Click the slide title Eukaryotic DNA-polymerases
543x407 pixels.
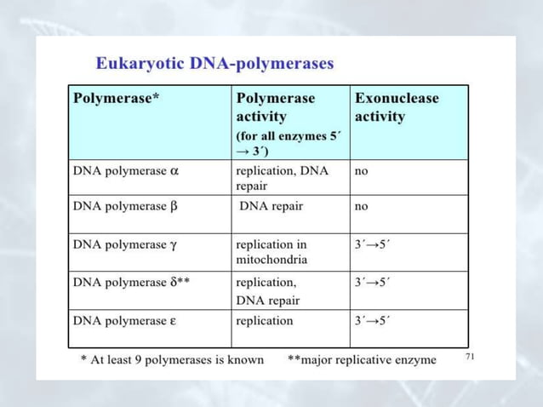click(x=214, y=63)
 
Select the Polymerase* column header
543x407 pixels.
click(x=117, y=98)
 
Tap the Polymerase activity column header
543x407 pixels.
click(x=275, y=106)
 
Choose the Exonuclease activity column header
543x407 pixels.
click(x=397, y=106)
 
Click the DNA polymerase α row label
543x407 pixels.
click(x=126, y=170)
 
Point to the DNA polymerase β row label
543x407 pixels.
click(x=125, y=205)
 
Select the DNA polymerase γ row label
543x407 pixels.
click(x=125, y=244)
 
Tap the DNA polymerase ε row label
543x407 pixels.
click(x=124, y=321)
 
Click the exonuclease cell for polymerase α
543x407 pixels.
click(x=362, y=170)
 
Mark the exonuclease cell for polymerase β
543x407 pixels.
click(x=362, y=205)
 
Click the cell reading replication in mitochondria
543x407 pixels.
click(x=271, y=251)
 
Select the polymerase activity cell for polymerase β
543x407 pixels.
click(x=271, y=205)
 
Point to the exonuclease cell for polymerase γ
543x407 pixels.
click(x=372, y=244)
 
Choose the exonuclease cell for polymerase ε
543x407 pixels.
click(x=372, y=321)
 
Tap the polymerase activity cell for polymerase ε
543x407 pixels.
click(x=264, y=321)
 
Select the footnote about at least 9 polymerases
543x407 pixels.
click(x=172, y=359)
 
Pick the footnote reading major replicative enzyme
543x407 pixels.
click(x=363, y=359)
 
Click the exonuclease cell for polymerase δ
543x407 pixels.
click(x=372, y=282)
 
